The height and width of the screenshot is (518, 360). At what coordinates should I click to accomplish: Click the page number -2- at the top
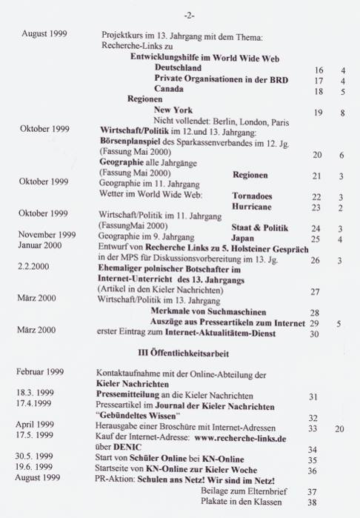click(188, 14)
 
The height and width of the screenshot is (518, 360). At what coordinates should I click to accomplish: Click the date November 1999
click(48, 234)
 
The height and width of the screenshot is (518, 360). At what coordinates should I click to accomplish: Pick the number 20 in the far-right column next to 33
click(339, 429)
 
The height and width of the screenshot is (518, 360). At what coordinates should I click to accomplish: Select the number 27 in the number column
click(314, 292)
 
